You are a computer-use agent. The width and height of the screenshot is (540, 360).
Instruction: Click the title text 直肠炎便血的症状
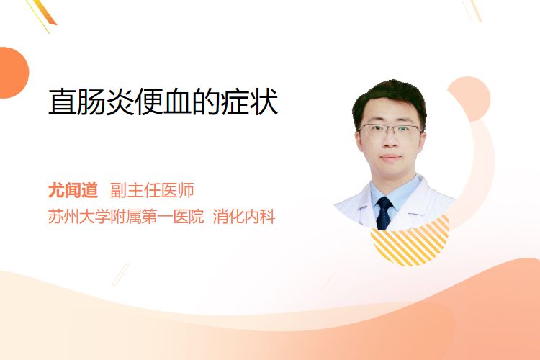[163, 102]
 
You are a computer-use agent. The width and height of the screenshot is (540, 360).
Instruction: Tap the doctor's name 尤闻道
[73, 191]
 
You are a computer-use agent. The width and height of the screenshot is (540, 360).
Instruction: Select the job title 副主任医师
[152, 191]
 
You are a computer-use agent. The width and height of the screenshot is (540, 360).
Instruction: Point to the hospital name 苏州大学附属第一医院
[126, 217]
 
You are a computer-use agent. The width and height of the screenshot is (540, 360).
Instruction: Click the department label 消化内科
[244, 217]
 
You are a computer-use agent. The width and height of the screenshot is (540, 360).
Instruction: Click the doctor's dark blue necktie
[384, 213]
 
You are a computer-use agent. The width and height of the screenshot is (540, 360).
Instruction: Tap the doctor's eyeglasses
[390, 130]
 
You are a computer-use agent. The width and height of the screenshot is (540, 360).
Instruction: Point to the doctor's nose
[390, 140]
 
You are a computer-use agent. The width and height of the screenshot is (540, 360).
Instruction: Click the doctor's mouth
[391, 158]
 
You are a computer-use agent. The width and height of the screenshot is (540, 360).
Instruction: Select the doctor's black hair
[389, 98]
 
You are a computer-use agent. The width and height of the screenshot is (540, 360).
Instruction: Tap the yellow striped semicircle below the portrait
[410, 243]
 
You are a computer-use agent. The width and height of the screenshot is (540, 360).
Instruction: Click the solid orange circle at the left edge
[13, 73]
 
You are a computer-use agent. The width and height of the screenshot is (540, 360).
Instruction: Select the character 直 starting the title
[62, 102]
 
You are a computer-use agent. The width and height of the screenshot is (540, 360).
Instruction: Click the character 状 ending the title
[264, 102]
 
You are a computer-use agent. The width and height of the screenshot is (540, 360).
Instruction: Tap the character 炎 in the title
[120, 102]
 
